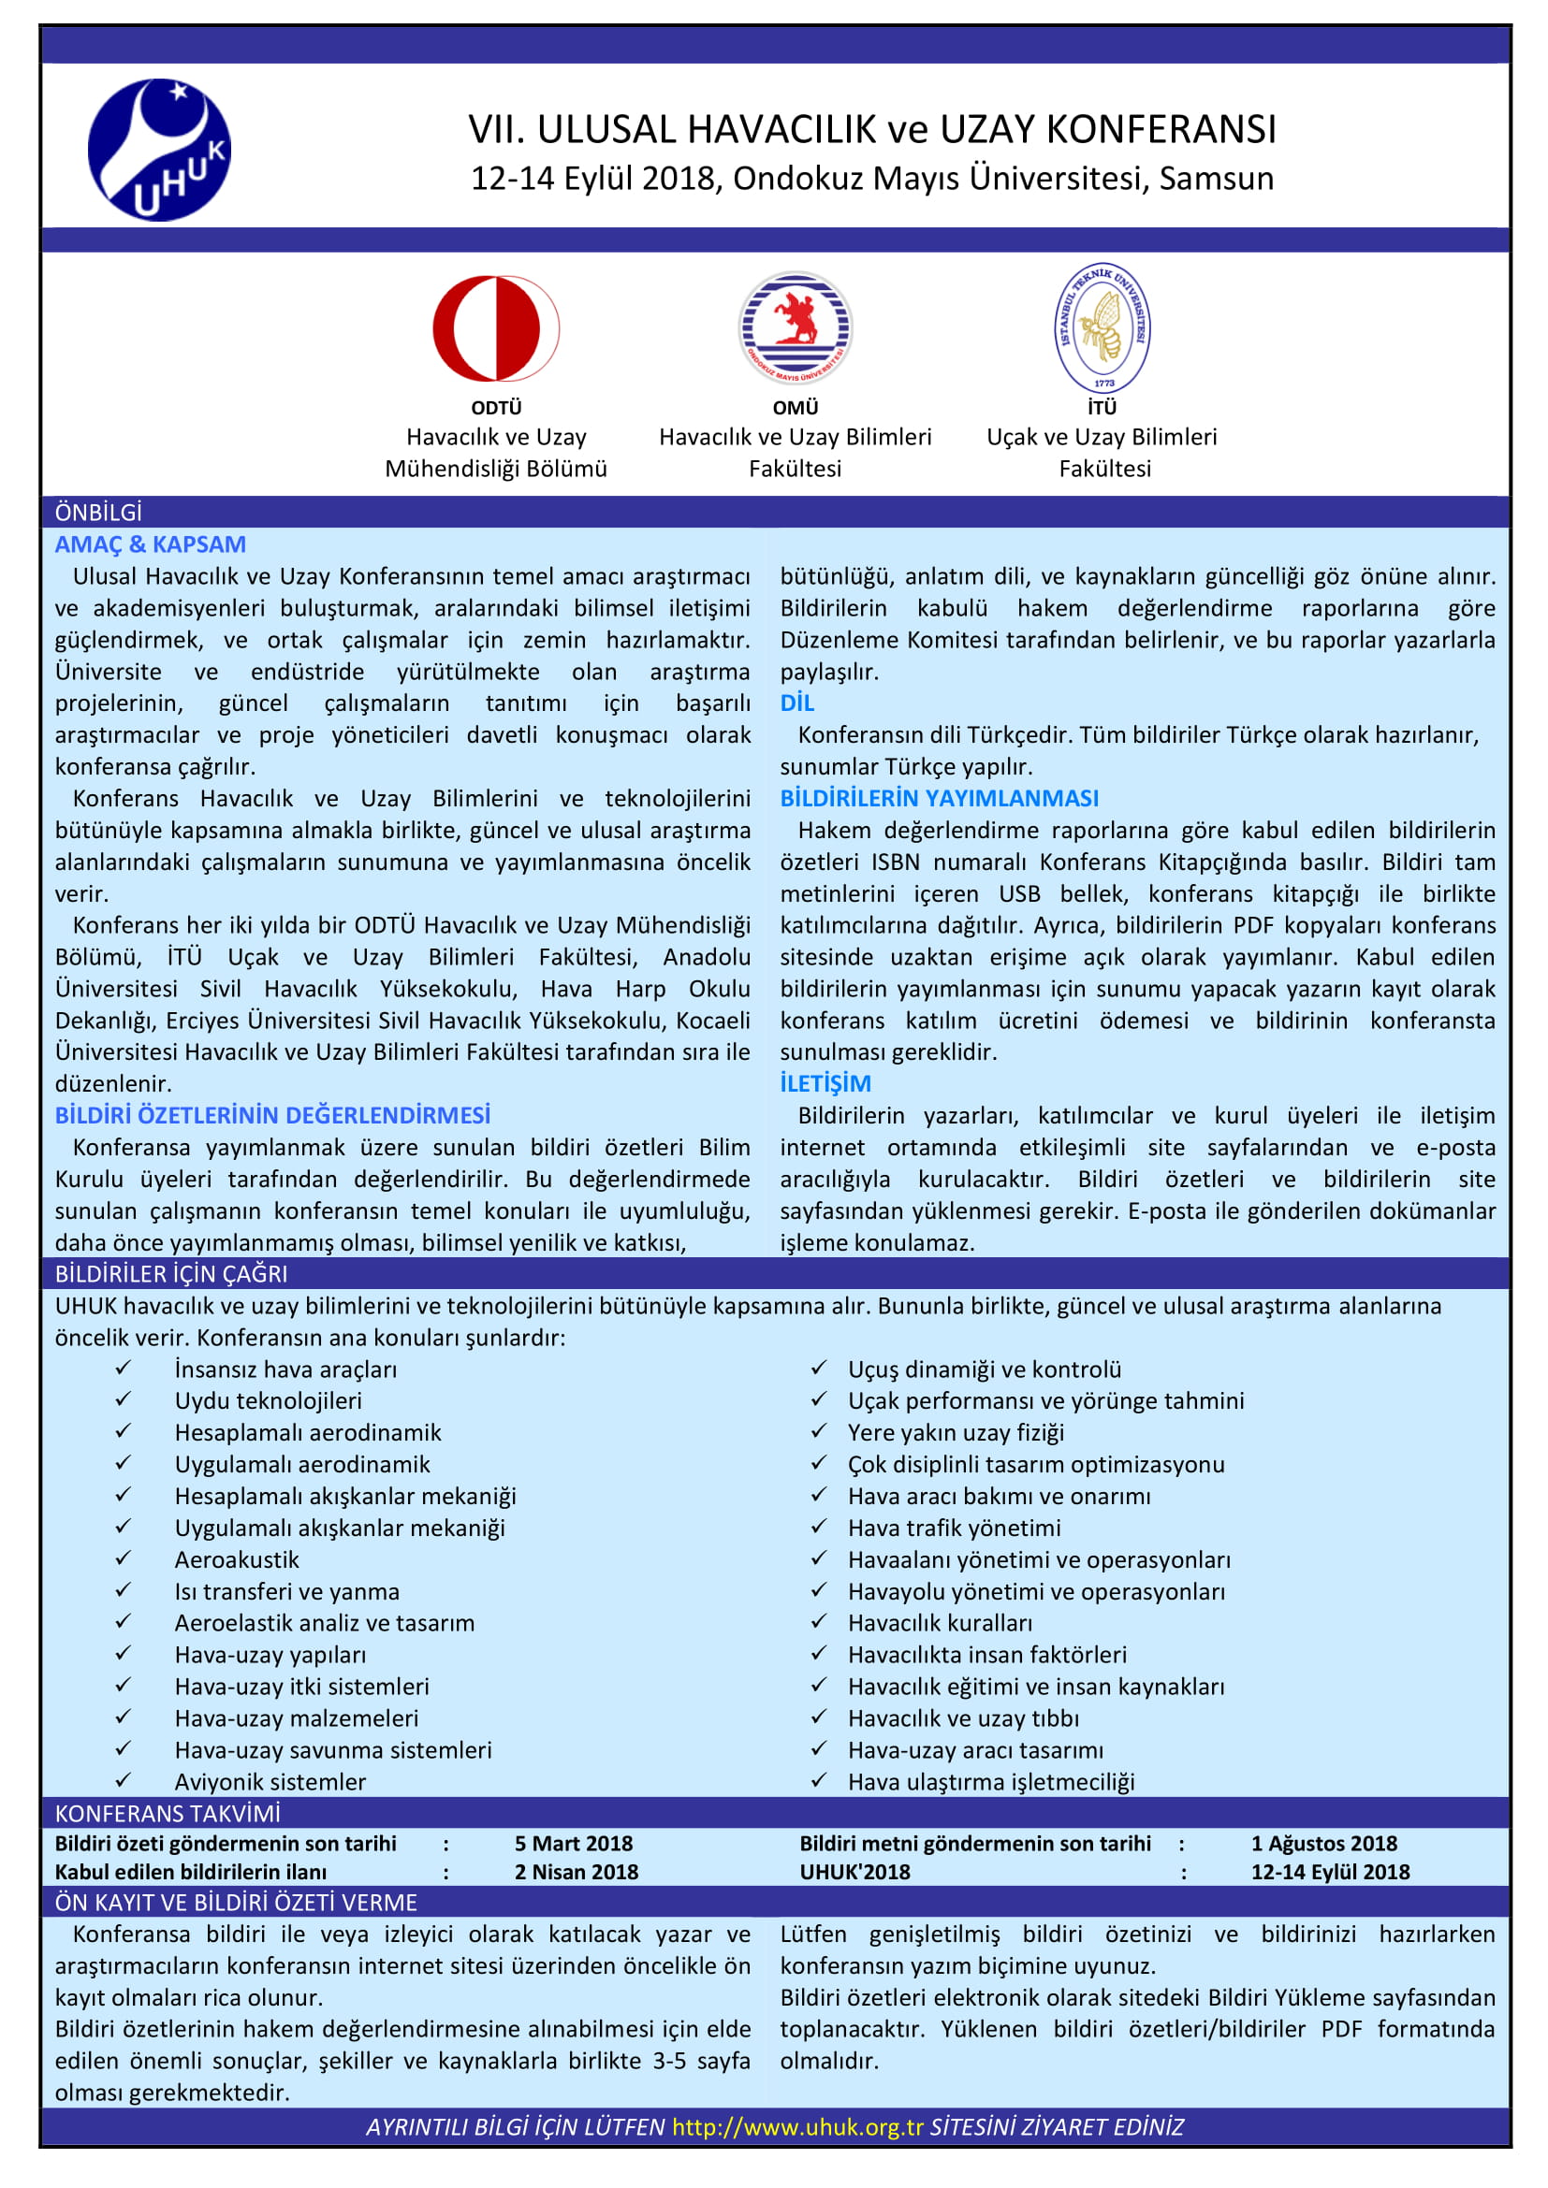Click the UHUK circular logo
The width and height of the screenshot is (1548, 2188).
click(159, 150)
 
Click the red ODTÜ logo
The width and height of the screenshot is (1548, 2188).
click(496, 328)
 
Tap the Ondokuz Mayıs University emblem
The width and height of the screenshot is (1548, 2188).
click(795, 327)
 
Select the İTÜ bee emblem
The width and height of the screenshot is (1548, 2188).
click(1103, 327)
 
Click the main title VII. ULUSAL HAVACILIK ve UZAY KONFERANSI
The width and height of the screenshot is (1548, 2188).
click(871, 130)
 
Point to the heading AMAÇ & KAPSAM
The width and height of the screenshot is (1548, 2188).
click(150, 544)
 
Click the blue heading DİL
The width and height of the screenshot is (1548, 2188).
click(796, 703)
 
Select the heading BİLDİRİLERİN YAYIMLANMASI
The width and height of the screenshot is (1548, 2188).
click(939, 798)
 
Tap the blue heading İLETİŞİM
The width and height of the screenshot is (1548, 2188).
click(825, 1082)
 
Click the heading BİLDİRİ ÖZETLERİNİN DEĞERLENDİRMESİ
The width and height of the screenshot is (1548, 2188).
click(272, 1115)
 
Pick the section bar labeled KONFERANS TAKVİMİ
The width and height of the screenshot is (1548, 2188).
click(168, 1814)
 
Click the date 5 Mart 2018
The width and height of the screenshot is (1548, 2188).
click(574, 1844)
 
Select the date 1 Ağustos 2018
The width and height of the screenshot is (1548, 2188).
click(1324, 1844)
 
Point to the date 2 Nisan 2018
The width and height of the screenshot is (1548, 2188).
click(577, 1872)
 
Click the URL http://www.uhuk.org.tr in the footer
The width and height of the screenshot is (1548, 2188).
click(796, 2127)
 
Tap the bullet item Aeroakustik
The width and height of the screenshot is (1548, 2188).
click(237, 1560)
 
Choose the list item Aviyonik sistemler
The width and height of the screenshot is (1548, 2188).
click(270, 1782)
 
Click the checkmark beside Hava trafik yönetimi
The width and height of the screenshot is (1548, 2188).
click(819, 1527)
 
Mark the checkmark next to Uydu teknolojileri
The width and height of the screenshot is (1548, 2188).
click(123, 1400)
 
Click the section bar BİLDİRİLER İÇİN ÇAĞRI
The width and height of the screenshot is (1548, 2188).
click(170, 1274)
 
